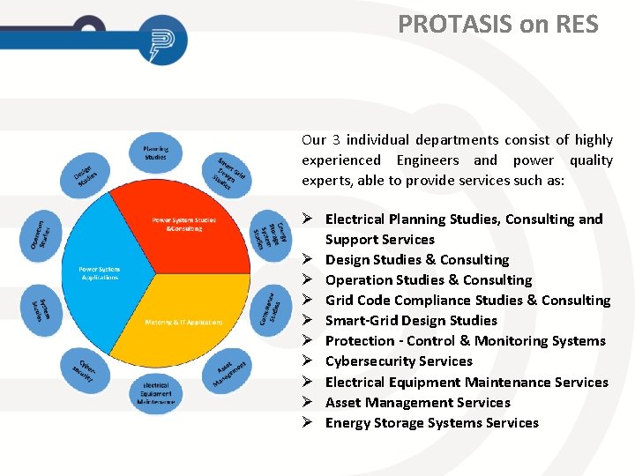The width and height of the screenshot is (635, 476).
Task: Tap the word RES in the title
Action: [x=576, y=24]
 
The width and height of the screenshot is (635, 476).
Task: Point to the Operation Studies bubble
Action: [x=41, y=234]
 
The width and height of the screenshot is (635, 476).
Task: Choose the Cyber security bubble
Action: [x=86, y=368]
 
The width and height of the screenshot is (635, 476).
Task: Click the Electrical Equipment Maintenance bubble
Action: [x=155, y=392]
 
